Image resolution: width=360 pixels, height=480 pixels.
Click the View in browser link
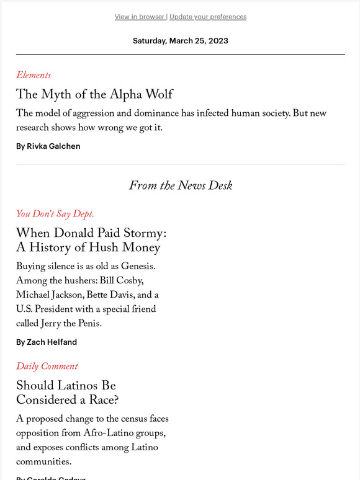coord(140,17)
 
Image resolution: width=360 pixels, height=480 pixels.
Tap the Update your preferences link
coord(208,17)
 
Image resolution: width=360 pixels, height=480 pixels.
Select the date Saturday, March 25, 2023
coord(180,41)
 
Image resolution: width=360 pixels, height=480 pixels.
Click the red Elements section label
coord(34,75)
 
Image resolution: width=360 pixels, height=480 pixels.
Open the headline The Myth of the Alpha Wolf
coord(94,94)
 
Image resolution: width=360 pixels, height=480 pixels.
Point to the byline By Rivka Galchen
coord(48,146)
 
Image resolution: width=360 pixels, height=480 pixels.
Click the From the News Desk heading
coord(181,185)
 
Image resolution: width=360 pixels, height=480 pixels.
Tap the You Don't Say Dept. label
coord(55,214)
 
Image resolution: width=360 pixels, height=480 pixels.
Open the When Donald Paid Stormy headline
coord(91,241)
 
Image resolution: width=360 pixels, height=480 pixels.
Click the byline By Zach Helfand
coord(47,342)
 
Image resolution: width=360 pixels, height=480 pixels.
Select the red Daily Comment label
coord(47,366)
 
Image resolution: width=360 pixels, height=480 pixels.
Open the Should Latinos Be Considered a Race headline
coord(67,393)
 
